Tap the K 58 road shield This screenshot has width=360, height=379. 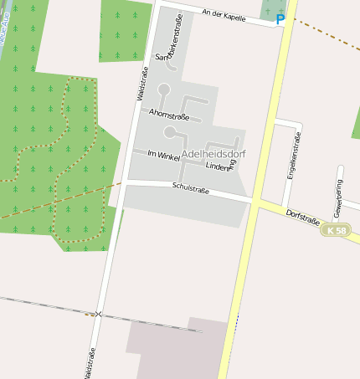tap(337, 230)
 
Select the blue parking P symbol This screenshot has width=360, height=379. tap(280, 18)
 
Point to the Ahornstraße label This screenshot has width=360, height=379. tap(167, 114)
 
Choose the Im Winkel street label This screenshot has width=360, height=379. tap(163, 155)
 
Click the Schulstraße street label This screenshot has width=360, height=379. tap(188, 187)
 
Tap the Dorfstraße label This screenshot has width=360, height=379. tap(302, 217)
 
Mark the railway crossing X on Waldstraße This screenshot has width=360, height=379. tap(98, 314)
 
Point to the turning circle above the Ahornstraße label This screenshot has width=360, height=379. tap(164, 89)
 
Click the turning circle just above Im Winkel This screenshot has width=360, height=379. tap(170, 132)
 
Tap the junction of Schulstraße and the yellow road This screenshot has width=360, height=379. tap(252, 200)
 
